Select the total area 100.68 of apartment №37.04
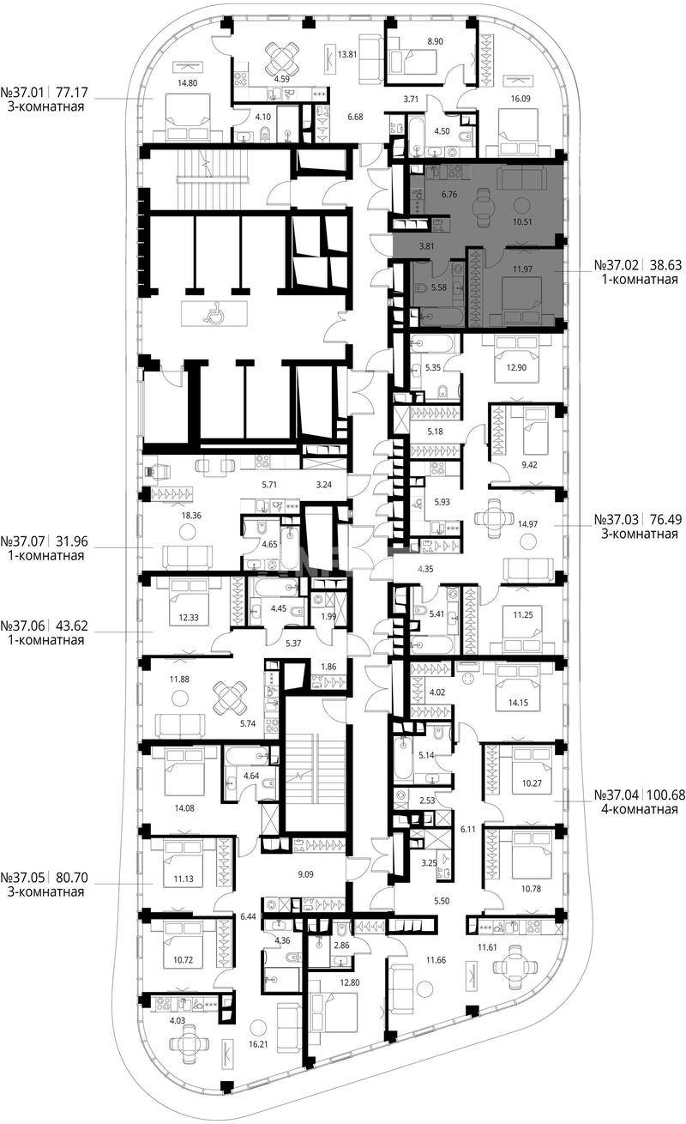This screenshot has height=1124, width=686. point(666,795)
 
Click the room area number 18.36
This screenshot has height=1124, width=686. point(191,516)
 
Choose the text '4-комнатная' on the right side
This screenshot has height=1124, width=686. point(640,809)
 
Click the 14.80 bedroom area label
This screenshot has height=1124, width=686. point(188,83)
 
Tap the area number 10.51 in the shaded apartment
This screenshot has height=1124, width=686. point(522,221)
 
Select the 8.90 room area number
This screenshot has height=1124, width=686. point(435,42)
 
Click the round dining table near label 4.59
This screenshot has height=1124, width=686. point(282,57)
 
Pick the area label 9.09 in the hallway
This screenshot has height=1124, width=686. point(305,874)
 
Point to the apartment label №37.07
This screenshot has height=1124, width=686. point(24,541)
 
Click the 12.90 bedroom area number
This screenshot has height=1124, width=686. point(516,367)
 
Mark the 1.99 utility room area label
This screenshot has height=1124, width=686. point(328,617)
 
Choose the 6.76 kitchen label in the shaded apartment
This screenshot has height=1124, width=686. point(448,195)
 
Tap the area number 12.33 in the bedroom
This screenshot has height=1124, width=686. point(189,618)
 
